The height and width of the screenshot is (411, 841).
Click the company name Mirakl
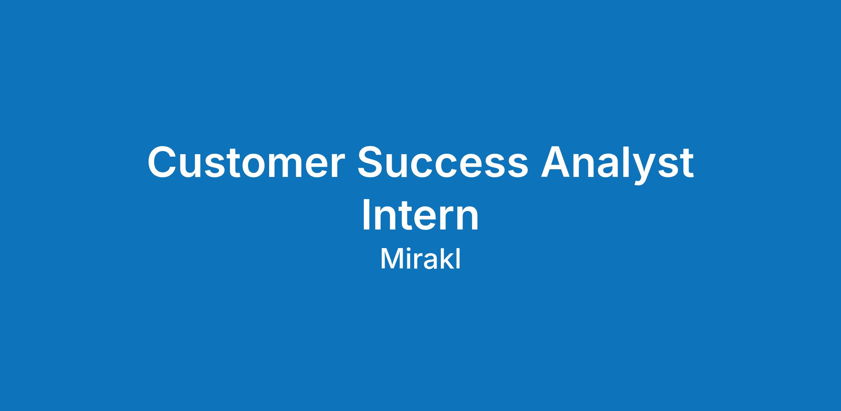point(420,259)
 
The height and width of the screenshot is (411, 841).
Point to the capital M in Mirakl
point(390,260)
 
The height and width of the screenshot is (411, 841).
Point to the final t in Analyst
point(686,164)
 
